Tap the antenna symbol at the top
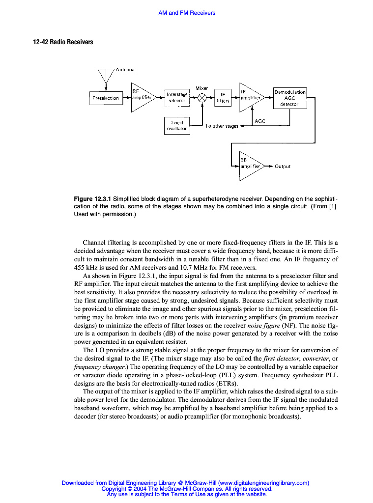tap(106, 75)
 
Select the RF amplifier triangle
tap(141, 98)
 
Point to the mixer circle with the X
tap(202, 98)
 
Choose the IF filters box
tap(223, 97)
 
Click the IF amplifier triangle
tap(250, 98)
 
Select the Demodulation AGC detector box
tap(290, 98)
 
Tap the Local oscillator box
tap(176, 125)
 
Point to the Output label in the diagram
tap(283, 167)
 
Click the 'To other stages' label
tap(221, 126)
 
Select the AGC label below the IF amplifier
tap(260, 121)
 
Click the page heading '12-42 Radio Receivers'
tap(63, 42)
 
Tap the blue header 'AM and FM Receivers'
tap(187, 13)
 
